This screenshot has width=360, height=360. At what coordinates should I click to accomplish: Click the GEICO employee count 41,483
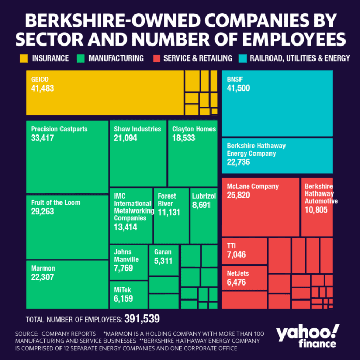(x=43, y=88)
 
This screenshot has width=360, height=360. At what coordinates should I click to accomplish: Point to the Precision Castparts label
(x=59, y=129)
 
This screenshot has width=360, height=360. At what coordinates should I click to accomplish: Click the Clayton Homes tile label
(x=194, y=129)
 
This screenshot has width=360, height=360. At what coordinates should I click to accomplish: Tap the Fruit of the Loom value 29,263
(x=42, y=212)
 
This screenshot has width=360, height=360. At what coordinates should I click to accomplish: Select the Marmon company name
(x=43, y=268)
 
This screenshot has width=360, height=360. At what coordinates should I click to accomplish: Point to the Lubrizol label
(x=203, y=196)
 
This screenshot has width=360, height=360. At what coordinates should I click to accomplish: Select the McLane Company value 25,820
(x=239, y=195)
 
